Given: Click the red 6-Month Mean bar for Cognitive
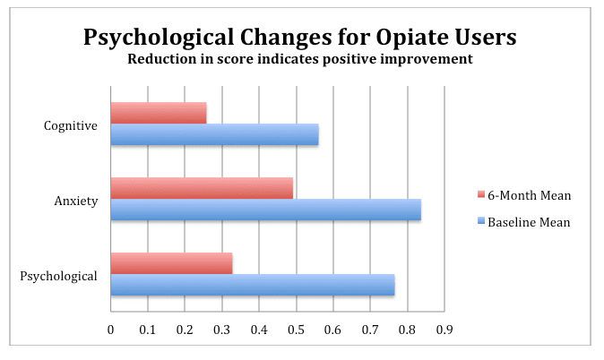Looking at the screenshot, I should coord(159,113).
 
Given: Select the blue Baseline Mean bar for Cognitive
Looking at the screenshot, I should coord(214,134).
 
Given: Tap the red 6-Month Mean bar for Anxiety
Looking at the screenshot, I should coord(202,188).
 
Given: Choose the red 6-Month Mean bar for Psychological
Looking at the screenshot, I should coord(171,263).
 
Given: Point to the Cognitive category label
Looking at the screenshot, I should coord(70,125).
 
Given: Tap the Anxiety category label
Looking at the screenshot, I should coord(76,201).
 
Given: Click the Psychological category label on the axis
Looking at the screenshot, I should coord(58,276).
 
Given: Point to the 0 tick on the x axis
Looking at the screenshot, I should coord(110,330).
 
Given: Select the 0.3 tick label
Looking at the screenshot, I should coord(221,330).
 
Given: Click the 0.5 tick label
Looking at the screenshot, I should coord(296,330).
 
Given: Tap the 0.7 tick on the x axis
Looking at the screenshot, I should coord(370,330).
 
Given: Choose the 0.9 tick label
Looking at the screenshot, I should coord(444,330).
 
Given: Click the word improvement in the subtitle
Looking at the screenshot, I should coord(425,60).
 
